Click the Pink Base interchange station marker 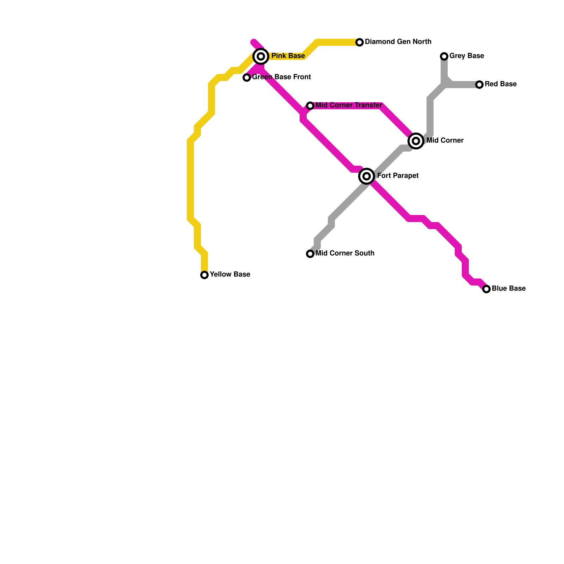[261, 56]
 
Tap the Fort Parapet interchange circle [367, 176]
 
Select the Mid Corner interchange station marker [416, 141]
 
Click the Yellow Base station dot [204, 275]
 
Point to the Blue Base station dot [486, 289]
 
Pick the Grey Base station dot [444, 56]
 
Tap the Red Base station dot [479, 85]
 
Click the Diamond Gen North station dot [360, 42]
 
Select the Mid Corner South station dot [310, 254]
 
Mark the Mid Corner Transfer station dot [310, 106]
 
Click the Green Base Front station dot [247, 78]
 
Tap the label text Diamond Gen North [398, 42]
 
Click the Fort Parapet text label [398, 176]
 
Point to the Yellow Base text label [230, 275]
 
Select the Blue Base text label [509, 289]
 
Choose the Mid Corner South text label [345, 253]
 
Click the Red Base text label [501, 84]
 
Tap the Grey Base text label [466, 56]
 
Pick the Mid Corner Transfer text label [349, 105]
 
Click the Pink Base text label [288, 56]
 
